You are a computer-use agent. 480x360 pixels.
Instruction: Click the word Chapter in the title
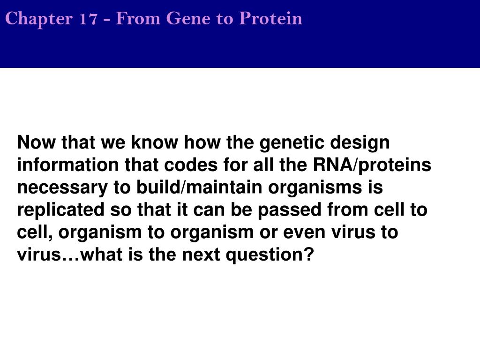(x=39, y=19)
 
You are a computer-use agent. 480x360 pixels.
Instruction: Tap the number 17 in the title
(x=88, y=18)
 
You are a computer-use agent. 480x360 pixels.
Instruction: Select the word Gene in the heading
(x=188, y=18)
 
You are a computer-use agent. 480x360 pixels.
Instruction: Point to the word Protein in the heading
(x=270, y=19)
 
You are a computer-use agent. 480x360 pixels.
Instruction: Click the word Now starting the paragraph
(x=37, y=142)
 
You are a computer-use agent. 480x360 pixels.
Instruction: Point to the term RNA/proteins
(x=372, y=165)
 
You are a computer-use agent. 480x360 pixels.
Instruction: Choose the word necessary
(x=62, y=188)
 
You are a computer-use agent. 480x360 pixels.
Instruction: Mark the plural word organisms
(x=315, y=188)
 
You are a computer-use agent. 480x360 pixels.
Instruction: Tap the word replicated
(x=60, y=210)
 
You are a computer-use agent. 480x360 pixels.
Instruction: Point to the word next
(x=201, y=255)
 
